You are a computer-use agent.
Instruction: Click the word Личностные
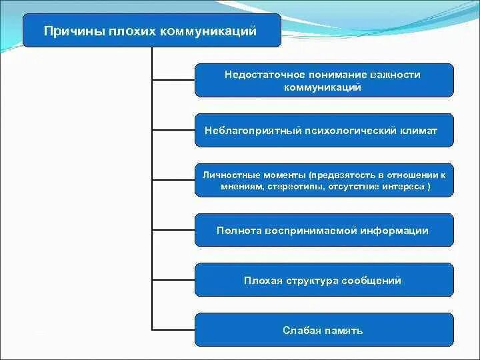pos(231,174)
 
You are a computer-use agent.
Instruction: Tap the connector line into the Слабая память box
pos(173,329)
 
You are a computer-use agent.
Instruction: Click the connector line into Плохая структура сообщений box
pos(173,279)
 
